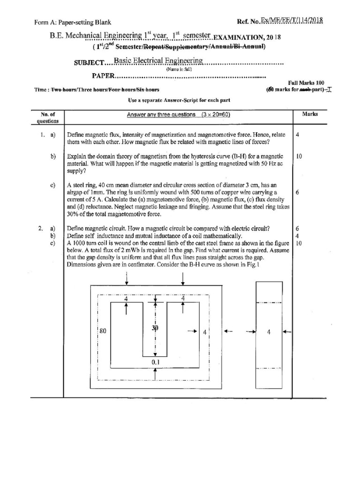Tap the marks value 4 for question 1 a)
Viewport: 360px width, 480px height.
298,135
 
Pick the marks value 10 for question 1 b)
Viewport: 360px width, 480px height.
299,156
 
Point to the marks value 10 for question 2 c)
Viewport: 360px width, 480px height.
299,243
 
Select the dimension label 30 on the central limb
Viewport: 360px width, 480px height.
155,328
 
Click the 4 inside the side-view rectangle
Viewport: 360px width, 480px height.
269,332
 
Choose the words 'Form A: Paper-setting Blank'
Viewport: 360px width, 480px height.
73,22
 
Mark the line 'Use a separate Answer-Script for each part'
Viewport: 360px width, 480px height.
179,101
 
